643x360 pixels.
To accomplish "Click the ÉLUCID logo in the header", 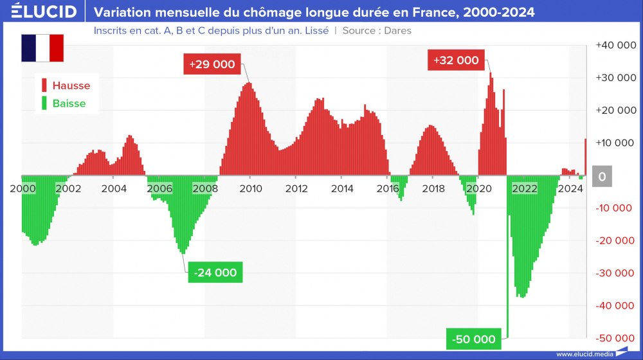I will [44, 12].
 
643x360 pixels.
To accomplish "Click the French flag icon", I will [42, 48].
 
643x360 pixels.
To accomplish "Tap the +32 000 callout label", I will [456, 60].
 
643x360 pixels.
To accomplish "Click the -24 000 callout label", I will [216, 273].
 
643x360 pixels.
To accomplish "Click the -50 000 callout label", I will [474, 339].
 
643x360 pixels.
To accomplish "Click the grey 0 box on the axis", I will [602, 176].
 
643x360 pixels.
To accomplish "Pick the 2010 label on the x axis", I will [250, 188].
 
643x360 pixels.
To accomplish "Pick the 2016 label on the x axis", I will [387, 188].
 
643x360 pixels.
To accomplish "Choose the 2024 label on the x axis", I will [570, 188].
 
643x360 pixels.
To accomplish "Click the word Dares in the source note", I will [397, 30].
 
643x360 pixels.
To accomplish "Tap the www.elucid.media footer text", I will [584, 353].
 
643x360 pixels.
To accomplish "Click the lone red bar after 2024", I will [586, 156].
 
